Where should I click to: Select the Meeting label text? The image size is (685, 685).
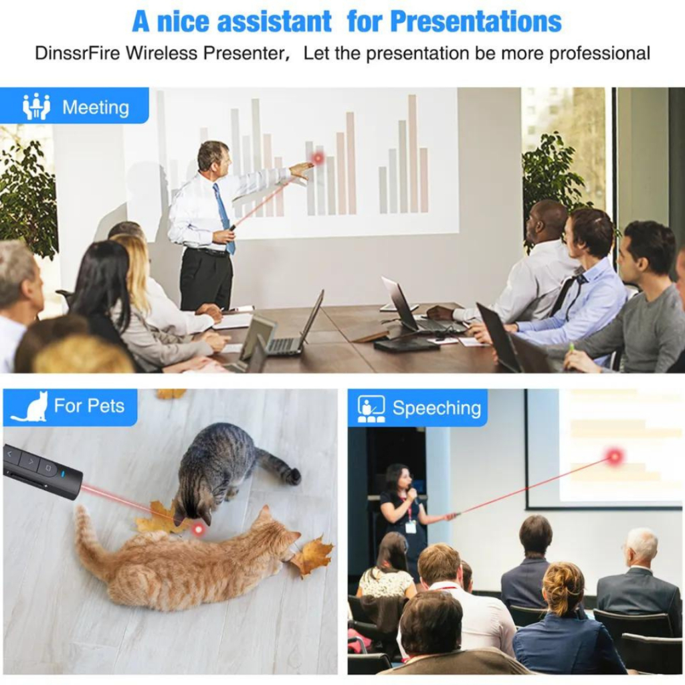[96, 108]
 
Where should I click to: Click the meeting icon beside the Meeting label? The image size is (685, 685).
[36, 106]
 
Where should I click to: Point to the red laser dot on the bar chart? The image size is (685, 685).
[318, 158]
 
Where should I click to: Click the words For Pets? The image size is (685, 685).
[89, 406]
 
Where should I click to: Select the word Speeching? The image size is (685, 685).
[436, 408]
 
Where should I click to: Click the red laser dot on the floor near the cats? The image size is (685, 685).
[199, 530]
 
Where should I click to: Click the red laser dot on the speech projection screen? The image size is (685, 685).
[615, 456]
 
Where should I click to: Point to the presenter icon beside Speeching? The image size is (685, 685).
[371, 409]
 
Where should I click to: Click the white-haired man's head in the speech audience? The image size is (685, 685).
[642, 547]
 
